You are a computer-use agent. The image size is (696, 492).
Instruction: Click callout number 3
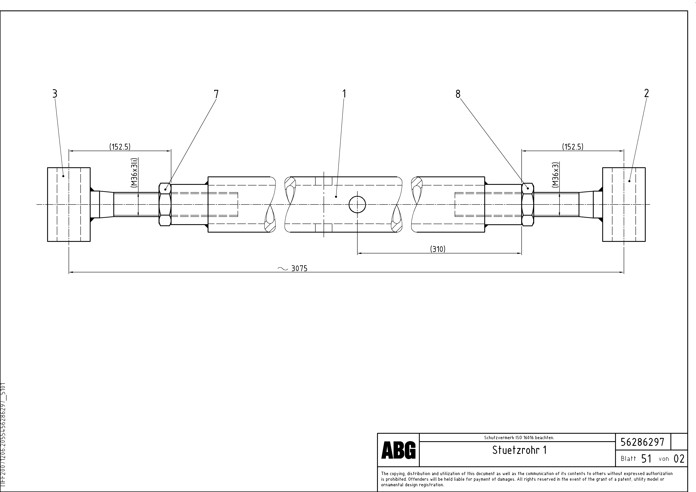[55, 94]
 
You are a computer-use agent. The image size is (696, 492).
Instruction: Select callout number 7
[216, 94]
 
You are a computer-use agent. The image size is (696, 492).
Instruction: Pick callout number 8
[458, 94]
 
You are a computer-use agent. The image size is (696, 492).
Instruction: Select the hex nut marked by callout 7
[165, 205]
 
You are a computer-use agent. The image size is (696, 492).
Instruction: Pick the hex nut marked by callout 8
[528, 205]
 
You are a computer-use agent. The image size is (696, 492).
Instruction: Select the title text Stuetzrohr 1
[519, 450]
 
